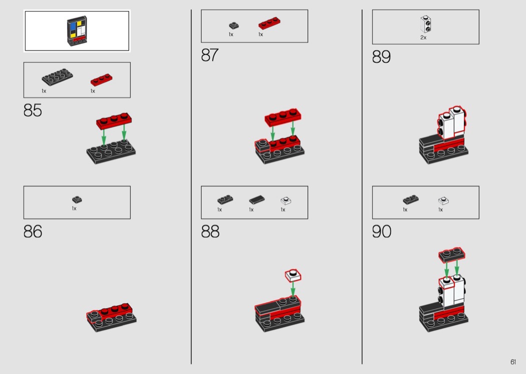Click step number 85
pyautogui.click(x=33, y=110)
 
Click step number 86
pyautogui.click(x=33, y=231)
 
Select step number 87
pyautogui.click(x=210, y=55)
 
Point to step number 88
pyautogui.click(x=210, y=231)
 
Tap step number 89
pyautogui.click(x=381, y=57)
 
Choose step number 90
pyautogui.click(x=381, y=231)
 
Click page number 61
pyautogui.click(x=513, y=362)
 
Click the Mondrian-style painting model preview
pyautogui.click(x=77, y=31)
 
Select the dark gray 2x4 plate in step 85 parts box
pyautogui.click(x=58, y=77)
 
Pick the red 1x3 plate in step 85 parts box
pyautogui.click(x=101, y=80)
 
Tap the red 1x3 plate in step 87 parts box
pyautogui.click(x=270, y=23)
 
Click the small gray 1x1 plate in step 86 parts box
pyautogui.click(x=77, y=200)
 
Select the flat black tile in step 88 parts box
pyautogui.click(x=256, y=200)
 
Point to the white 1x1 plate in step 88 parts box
pyautogui.click(x=286, y=201)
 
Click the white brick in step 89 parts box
pyautogui.click(x=425, y=24)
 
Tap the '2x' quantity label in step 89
pyautogui.click(x=423, y=38)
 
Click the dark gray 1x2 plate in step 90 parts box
pyautogui.click(x=411, y=200)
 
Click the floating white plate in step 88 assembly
pyautogui.click(x=293, y=275)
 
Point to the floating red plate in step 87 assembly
pyautogui.click(x=283, y=117)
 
